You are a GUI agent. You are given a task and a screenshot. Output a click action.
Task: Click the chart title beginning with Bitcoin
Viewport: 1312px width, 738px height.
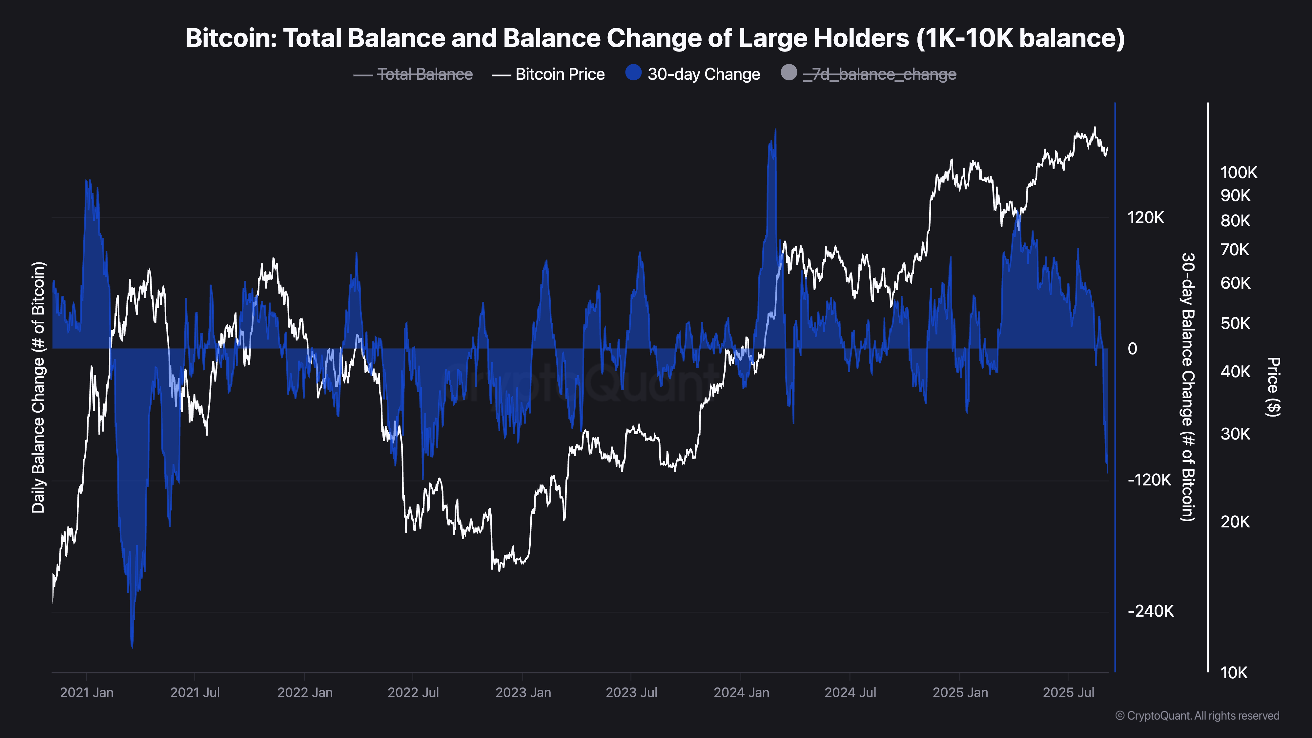655,38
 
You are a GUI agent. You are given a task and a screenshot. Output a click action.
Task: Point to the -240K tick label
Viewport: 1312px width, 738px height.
1150,611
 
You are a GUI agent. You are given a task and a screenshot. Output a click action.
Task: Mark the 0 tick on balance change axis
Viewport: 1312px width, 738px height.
1132,349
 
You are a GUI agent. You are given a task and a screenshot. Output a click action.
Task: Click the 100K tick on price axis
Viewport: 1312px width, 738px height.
1238,173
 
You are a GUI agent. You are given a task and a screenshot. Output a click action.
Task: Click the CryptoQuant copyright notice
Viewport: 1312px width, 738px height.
1197,716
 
